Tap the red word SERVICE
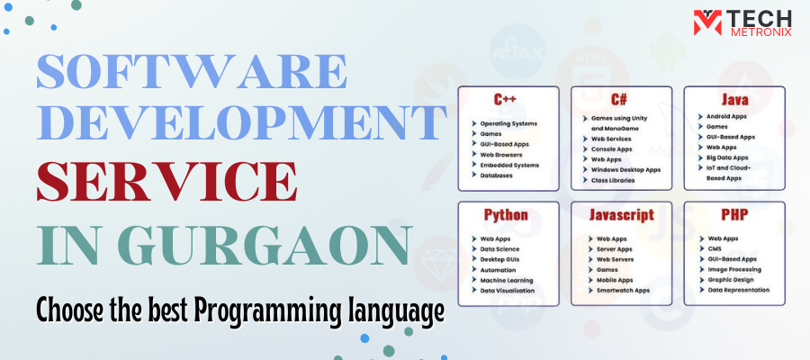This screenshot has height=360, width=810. click(x=166, y=181)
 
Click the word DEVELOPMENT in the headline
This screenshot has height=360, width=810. click(x=238, y=122)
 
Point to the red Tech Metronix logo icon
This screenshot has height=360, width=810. click(x=707, y=22)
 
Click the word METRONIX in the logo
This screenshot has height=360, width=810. click(x=760, y=31)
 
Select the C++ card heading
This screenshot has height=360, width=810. click(x=505, y=99)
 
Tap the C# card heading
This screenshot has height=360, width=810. click(x=619, y=99)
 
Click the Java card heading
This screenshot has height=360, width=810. click(x=734, y=99)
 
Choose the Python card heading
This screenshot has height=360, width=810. click(x=506, y=215)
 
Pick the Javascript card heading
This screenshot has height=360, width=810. click(x=621, y=214)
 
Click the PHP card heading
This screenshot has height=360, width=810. click(x=734, y=214)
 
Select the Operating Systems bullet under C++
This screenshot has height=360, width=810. click(x=508, y=124)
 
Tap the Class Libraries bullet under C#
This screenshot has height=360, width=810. click(x=613, y=180)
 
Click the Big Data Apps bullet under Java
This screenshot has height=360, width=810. click(x=727, y=157)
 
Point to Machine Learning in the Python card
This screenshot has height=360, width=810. click(x=506, y=281)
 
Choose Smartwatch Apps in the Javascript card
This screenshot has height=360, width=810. click(x=623, y=291)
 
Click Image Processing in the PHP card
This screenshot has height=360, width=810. click(x=734, y=270)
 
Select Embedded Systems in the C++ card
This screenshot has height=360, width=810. click(x=509, y=166)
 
